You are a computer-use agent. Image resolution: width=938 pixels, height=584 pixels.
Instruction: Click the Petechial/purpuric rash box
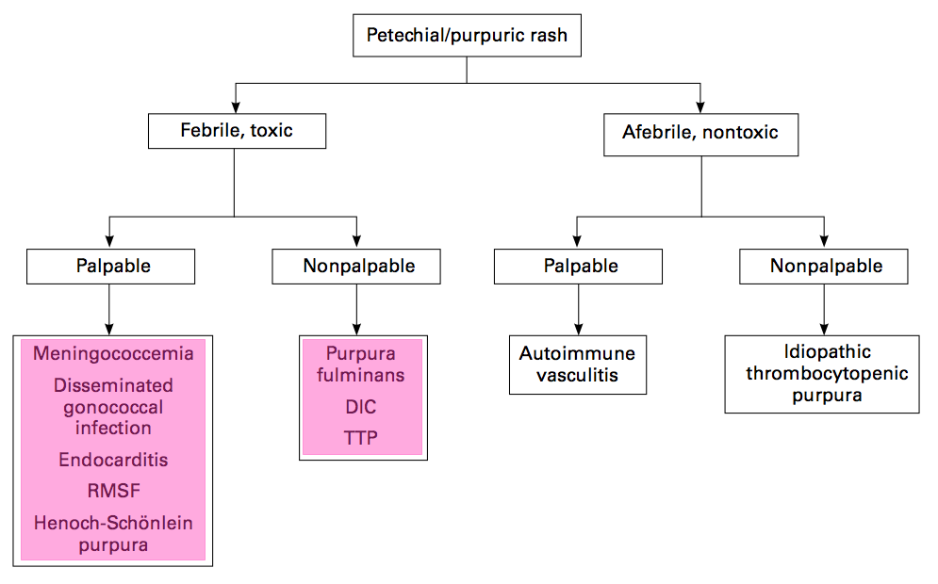point(467,35)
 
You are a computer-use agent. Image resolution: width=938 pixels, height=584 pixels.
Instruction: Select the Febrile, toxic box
point(237,131)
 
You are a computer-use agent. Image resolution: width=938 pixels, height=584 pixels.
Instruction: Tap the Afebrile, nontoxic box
point(700,135)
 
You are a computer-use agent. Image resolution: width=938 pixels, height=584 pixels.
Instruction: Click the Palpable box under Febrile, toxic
point(110,266)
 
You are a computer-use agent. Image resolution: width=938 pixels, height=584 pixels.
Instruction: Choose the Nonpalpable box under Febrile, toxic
point(356,266)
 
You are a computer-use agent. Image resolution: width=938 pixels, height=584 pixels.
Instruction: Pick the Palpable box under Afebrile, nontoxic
point(578,266)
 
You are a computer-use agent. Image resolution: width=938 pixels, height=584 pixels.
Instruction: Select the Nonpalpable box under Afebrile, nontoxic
point(824,266)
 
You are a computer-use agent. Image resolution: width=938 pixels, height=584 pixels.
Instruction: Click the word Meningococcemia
point(113,353)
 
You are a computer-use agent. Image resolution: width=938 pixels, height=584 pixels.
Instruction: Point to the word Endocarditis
point(113,460)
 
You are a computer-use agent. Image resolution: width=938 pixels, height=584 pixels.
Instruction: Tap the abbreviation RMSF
point(114,491)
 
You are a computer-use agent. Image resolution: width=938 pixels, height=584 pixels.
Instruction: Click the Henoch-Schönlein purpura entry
point(113,534)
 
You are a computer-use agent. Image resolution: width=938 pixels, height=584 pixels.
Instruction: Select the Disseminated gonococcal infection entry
point(113,407)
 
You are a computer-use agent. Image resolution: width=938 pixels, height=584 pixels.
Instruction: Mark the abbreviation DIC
point(361,407)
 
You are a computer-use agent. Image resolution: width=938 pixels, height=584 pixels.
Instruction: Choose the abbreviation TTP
point(361,438)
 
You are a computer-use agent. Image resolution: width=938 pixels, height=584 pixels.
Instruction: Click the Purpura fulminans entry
point(361,364)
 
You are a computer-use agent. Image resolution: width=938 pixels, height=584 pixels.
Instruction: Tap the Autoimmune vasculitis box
point(578,365)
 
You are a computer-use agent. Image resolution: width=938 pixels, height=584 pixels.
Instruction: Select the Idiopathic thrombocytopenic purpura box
point(822,374)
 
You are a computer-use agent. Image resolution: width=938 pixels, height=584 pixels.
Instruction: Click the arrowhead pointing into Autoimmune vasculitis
point(579,330)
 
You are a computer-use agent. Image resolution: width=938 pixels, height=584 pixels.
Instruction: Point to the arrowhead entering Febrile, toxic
point(236,107)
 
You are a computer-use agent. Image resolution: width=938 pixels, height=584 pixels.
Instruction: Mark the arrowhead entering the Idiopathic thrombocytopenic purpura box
point(824,330)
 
